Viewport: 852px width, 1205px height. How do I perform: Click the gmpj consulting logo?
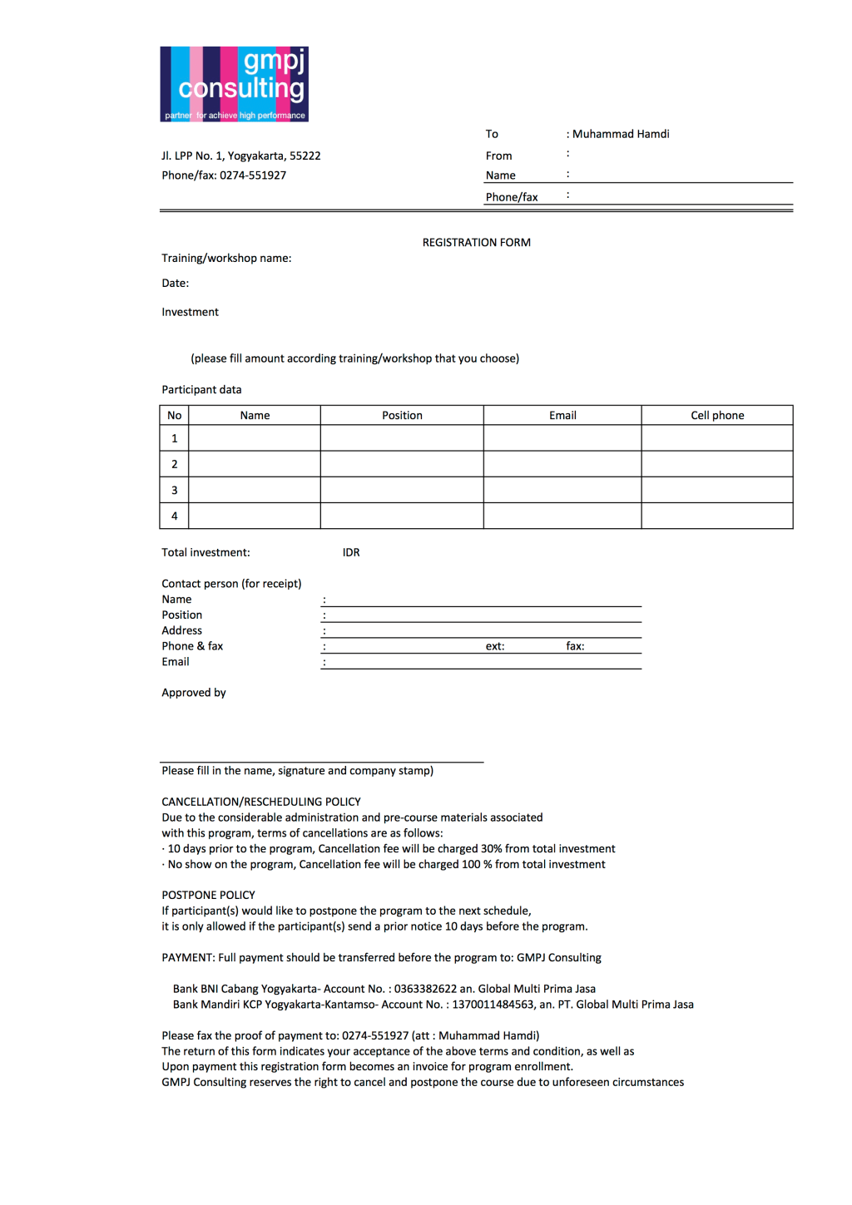tap(234, 84)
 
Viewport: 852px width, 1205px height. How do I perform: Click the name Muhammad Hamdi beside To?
tap(621, 134)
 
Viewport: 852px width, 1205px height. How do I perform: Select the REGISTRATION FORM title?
tap(476, 243)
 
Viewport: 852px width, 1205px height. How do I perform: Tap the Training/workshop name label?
tap(226, 259)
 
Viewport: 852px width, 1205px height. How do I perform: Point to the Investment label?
tap(190, 313)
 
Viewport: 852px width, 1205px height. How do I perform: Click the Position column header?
tap(402, 416)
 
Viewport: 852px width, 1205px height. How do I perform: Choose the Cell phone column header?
tap(717, 416)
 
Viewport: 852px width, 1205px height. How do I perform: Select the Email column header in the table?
tap(562, 416)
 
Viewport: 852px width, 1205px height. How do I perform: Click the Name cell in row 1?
tap(255, 438)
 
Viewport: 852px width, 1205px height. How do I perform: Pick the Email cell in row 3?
tap(562, 490)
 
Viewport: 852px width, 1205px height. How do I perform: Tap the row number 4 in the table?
tap(174, 516)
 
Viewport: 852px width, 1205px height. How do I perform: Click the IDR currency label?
tap(351, 553)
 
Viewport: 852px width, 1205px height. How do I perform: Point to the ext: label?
tap(495, 646)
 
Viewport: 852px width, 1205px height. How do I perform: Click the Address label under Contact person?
tap(181, 631)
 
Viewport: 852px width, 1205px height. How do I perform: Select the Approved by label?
tap(194, 693)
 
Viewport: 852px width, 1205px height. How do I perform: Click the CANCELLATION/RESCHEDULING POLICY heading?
tap(261, 803)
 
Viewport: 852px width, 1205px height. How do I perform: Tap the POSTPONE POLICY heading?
tap(208, 896)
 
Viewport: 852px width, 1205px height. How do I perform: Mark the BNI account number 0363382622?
tap(425, 990)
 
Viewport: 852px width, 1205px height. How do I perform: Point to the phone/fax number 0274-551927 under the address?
tap(253, 175)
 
